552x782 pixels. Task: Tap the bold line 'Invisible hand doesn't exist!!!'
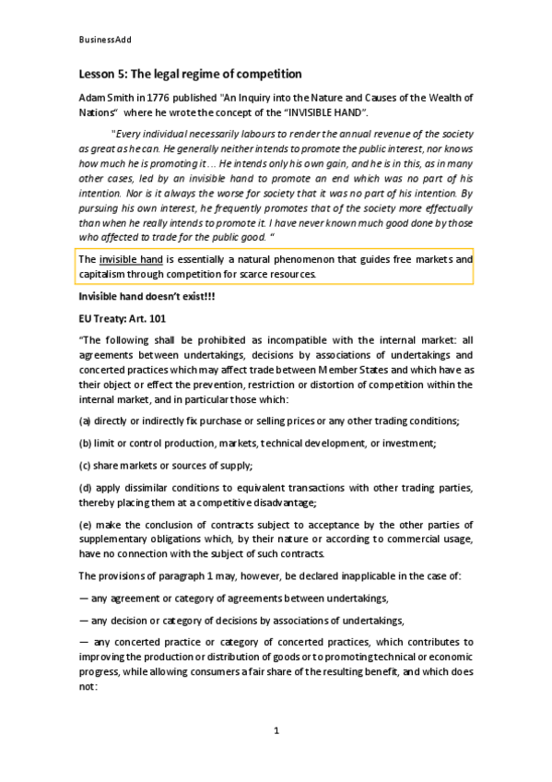140,296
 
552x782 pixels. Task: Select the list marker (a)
85,421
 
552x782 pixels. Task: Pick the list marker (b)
85,443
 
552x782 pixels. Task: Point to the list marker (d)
85,486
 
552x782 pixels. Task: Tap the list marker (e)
85,524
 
